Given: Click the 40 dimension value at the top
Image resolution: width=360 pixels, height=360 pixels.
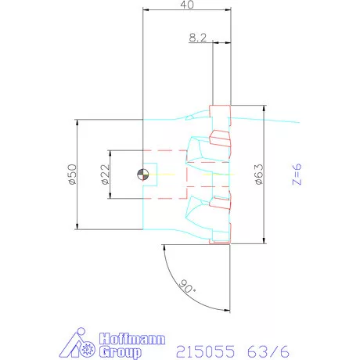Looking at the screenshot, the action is [187, 5].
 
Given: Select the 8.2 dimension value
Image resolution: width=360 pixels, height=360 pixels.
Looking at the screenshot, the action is [198, 38].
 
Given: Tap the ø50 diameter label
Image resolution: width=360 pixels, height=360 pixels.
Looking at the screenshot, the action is [73, 175].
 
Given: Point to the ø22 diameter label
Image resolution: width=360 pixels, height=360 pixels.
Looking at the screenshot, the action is [105, 175].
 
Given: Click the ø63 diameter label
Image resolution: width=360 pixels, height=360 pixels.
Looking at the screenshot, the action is [259, 175].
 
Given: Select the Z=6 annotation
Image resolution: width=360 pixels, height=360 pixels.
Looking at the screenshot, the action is [297, 175].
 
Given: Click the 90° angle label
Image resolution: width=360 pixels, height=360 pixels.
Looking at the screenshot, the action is [187, 286].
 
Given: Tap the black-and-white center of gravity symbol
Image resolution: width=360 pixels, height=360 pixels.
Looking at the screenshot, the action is [143, 175].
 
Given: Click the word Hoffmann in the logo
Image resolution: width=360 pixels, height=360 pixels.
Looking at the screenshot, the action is [132, 339].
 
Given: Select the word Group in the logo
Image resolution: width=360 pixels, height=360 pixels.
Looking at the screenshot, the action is [121, 352].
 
